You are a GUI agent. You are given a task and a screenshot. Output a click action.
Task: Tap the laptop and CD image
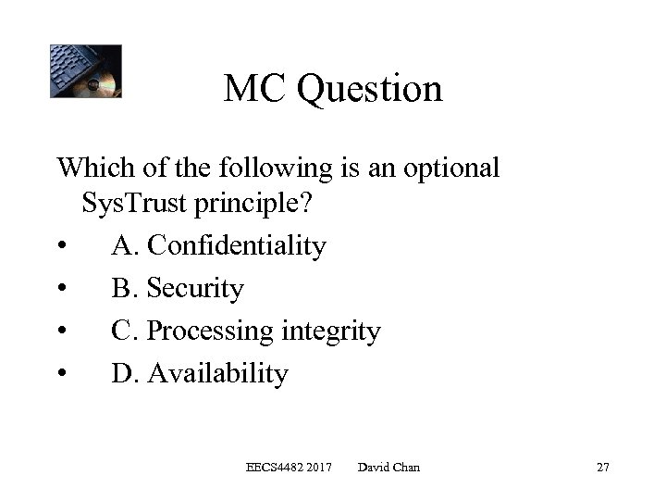[x=85, y=71]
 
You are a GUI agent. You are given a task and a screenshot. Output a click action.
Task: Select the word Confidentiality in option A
[x=237, y=246]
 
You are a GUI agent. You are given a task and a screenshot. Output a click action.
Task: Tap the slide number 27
[x=602, y=468]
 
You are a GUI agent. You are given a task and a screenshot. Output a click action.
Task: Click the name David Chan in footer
[x=388, y=468]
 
